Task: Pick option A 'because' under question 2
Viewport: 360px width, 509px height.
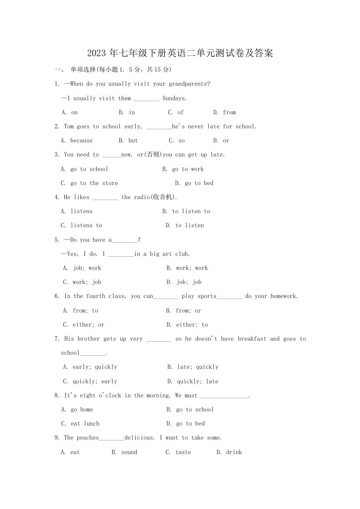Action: [81, 141]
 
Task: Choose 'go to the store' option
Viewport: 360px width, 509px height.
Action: [94, 183]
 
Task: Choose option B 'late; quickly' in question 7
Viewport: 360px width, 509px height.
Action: [197, 367]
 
